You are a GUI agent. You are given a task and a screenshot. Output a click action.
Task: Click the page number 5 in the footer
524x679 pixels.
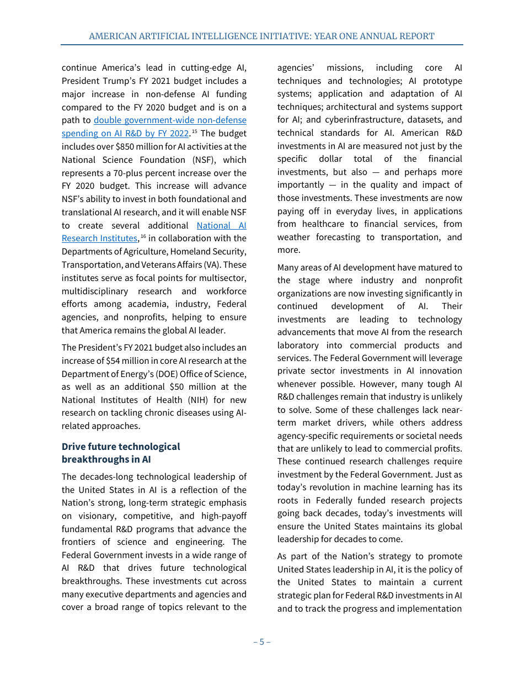pos(261,641)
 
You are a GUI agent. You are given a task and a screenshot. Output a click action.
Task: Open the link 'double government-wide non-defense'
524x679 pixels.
pos(170,120)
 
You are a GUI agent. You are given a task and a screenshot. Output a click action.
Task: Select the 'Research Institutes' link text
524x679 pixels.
pos(99,238)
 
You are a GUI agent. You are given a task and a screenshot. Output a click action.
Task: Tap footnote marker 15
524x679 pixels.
pos(194,131)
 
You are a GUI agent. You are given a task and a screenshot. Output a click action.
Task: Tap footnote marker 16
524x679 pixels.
pos(143,236)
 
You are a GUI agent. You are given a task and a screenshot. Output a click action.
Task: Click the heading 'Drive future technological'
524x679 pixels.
pos(121,447)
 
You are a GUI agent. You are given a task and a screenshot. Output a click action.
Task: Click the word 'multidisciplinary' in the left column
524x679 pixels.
pos(95,291)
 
